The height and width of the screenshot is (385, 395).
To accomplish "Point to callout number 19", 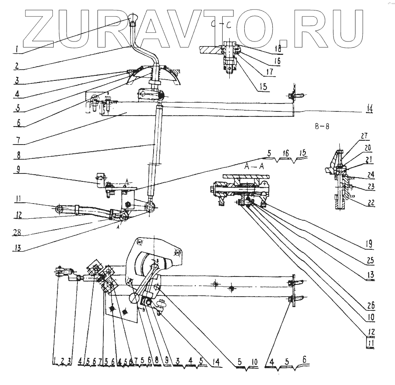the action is point(369,243).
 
